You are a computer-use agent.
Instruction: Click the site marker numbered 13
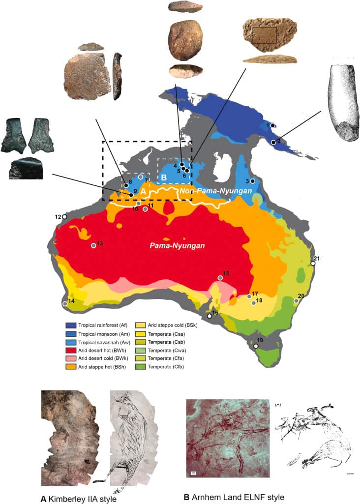click(x=93, y=245)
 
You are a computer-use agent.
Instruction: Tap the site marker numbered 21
click(x=313, y=263)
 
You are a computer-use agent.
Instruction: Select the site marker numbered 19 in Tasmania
click(x=256, y=346)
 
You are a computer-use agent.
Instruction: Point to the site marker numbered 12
click(x=64, y=217)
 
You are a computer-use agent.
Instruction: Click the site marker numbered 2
click(x=273, y=142)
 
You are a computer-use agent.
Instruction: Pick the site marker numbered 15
click(x=220, y=278)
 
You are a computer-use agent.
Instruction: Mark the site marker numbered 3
click(x=252, y=181)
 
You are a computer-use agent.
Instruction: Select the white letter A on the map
click(x=144, y=189)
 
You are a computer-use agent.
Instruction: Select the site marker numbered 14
click(x=65, y=304)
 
